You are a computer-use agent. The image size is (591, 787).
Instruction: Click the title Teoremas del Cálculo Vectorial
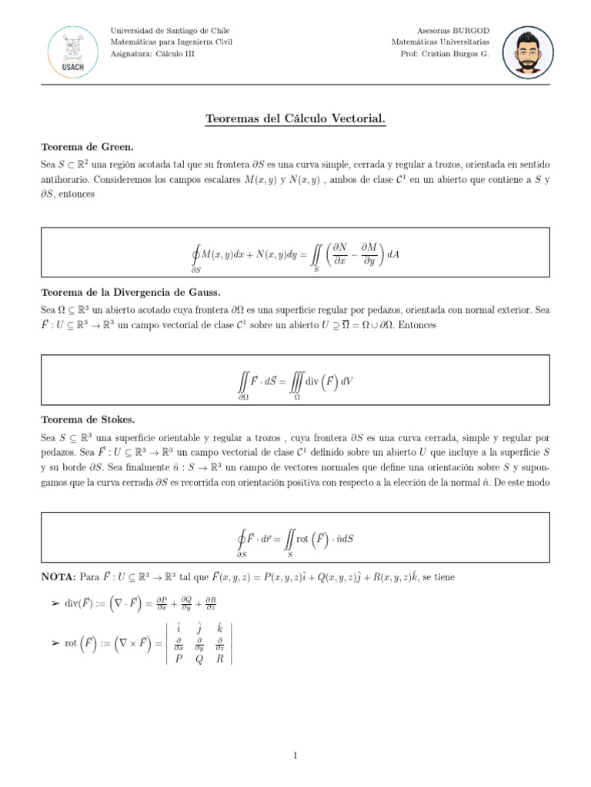(x=295, y=119)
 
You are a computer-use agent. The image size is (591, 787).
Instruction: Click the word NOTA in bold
(x=58, y=576)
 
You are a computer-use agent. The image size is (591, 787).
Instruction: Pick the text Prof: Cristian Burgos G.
(x=444, y=54)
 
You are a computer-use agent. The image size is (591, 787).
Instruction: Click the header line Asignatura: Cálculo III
(x=153, y=54)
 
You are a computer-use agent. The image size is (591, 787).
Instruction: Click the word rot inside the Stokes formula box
(x=302, y=539)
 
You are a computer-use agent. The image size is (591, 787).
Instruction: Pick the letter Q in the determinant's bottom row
(x=199, y=658)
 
